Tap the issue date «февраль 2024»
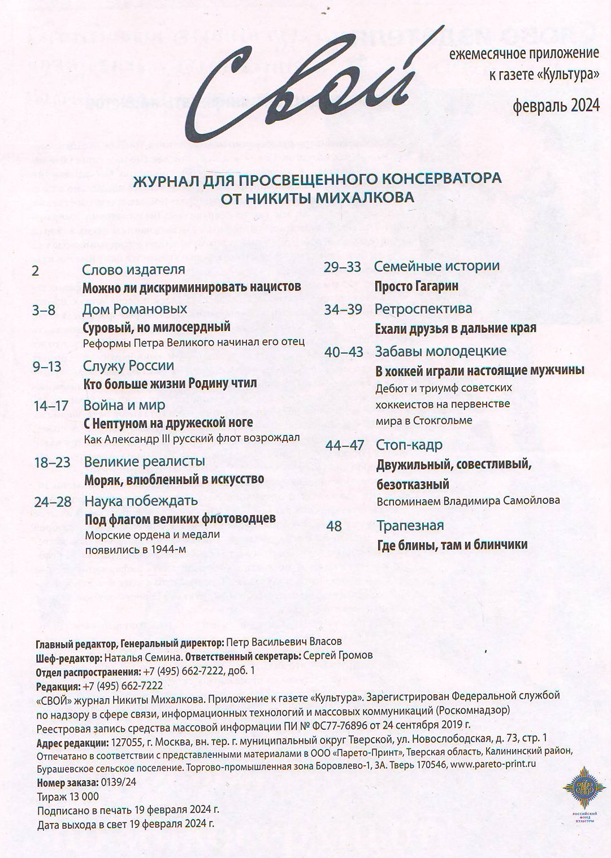pos(556,106)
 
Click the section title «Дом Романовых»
pos(135,309)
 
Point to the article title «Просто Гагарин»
pos(416,286)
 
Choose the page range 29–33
pos(342,267)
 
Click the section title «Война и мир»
pos(124,405)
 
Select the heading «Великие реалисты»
pos(144,461)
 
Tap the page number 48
pos(334,526)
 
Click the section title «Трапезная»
pos(410,525)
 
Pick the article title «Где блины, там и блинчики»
pos(452,545)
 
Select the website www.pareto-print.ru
pos(492,764)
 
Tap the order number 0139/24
pos(118,783)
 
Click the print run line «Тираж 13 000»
pos(67,796)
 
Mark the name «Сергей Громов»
pos(337,656)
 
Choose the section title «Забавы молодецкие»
pos(440,351)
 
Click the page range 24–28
pos(53,502)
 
